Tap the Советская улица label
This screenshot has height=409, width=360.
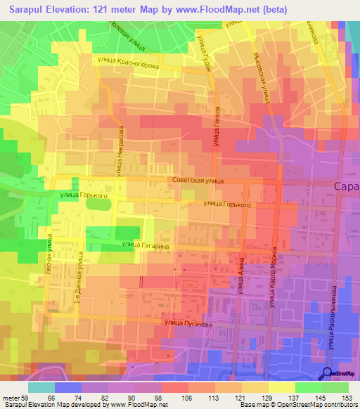click(x=197, y=181)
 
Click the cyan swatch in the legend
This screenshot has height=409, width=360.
click(x=41, y=387)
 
